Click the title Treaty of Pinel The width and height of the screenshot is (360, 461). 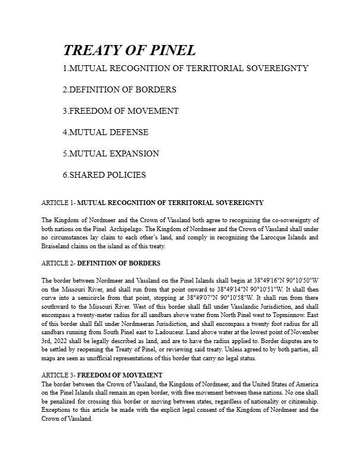point(129,50)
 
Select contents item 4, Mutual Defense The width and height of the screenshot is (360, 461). point(105,132)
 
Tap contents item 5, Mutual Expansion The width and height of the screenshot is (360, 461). point(111,153)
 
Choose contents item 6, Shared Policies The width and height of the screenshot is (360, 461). point(104,175)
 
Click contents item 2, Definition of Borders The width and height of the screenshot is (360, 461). point(119,89)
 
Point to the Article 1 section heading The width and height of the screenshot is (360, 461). point(153,203)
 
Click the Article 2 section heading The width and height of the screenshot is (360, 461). point(101,263)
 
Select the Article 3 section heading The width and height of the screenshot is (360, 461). point(102,375)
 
